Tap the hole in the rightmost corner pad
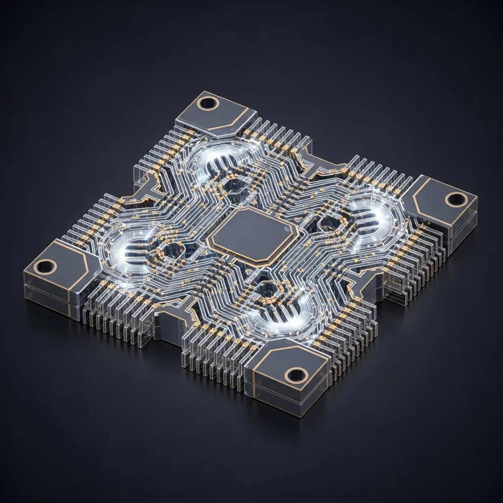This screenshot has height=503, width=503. (456, 199)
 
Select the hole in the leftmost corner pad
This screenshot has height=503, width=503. (46, 267)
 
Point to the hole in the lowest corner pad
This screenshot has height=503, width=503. (296, 375)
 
